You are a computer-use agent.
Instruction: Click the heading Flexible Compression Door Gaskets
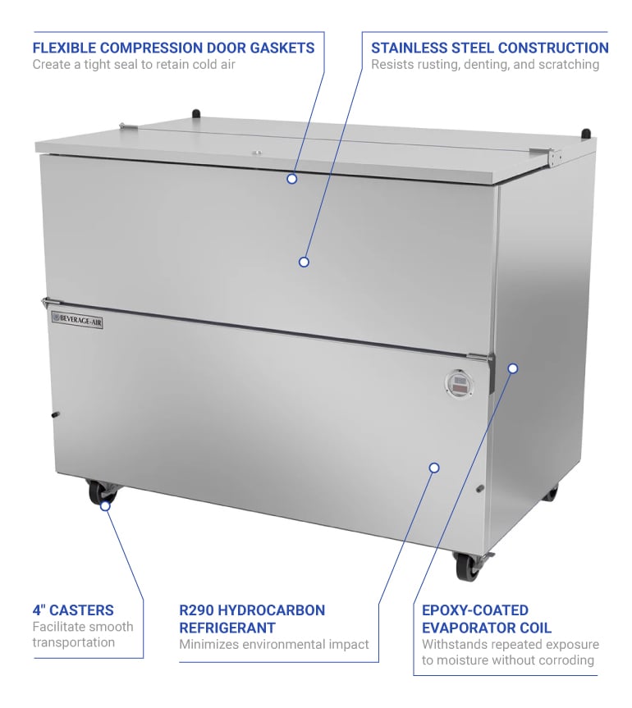pos(173,48)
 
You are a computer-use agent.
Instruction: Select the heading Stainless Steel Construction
pos(489,48)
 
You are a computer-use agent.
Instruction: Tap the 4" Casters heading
pos(73,610)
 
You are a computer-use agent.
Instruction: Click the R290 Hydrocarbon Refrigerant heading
pos(252,619)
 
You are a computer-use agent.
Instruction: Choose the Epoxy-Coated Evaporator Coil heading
pos(487,619)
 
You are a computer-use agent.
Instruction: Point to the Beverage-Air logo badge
pos(77,318)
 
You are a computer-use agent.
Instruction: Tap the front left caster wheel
pos(101,493)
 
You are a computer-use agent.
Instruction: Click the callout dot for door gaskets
pos(291,178)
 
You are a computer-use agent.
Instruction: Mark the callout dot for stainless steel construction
pos(304,262)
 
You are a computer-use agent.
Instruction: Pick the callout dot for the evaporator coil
pos(513,368)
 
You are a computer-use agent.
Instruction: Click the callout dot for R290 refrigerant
pos(434,468)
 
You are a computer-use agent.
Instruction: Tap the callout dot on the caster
pos(105,506)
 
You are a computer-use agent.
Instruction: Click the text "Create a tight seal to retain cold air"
pos(134,65)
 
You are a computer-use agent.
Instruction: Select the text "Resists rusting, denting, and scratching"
pos(484,65)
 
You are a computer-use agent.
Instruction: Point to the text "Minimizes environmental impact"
pos(274,645)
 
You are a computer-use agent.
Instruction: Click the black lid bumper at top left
pos(196,114)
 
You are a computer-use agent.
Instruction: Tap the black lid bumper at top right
pos(585,133)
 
